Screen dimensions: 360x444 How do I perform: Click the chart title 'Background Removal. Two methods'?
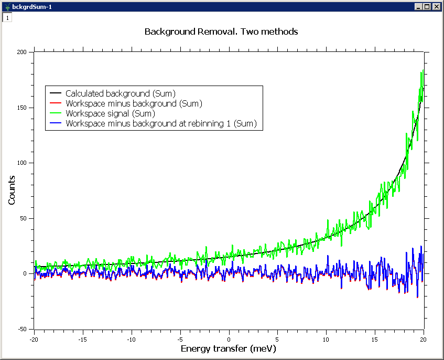click(221, 32)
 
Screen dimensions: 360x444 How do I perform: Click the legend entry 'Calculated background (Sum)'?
click(120, 93)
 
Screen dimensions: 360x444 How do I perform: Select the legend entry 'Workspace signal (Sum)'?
click(110, 113)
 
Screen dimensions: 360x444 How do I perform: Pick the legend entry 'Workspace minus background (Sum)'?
click(134, 103)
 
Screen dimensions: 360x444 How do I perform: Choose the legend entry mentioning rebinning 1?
click(160, 123)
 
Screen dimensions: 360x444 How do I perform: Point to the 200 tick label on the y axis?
click(21, 52)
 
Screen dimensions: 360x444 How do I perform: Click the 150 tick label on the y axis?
click(21, 108)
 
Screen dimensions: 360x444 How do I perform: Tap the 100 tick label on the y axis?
click(21, 163)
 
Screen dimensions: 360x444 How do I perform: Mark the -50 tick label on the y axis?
click(21, 329)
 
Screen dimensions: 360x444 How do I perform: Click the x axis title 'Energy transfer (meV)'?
click(228, 349)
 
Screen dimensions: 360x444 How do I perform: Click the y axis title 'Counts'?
click(12, 190)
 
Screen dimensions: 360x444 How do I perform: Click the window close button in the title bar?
click(436, 6)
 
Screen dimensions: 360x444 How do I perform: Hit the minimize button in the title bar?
click(418, 6)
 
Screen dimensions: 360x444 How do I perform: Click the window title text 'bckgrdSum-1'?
click(31, 6)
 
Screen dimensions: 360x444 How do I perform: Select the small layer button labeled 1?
click(7, 17)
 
